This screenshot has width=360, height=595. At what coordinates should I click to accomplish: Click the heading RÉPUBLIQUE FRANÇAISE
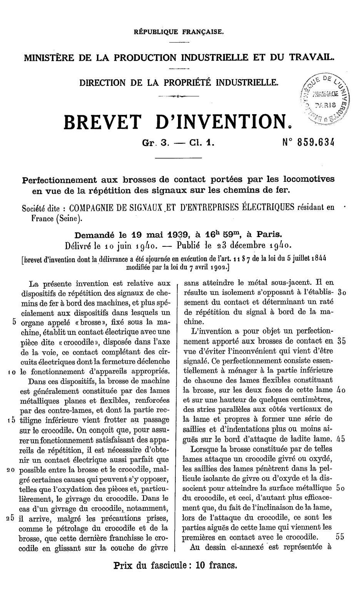click(x=178, y=32)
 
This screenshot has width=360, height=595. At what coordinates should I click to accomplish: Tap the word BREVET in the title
click(x=102, y=122)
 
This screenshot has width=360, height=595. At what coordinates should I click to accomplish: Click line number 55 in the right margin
click(x=339, y=537)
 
